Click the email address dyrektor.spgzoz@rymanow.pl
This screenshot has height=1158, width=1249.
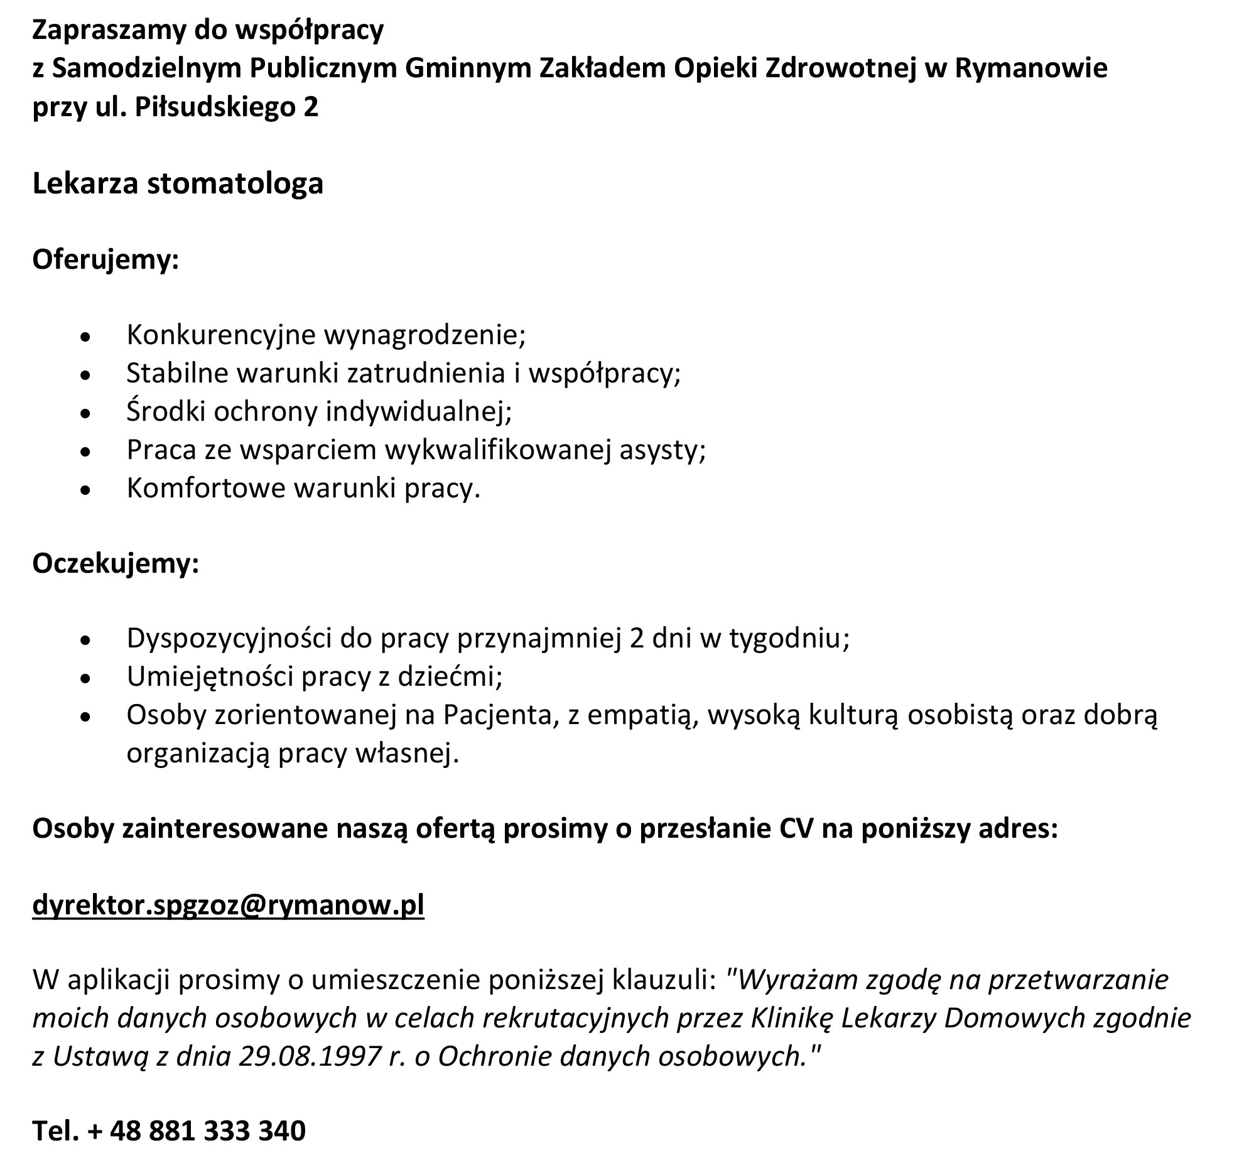(x=228, y=906)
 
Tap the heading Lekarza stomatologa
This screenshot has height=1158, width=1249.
(x=178, y=183)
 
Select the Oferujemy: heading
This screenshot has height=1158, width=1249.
(x=105, y=259)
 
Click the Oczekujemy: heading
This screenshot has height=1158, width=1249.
(x=116, y=563)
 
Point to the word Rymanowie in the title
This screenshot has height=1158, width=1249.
(x=1031, y=68)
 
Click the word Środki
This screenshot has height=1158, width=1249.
(x=166, y=411)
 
